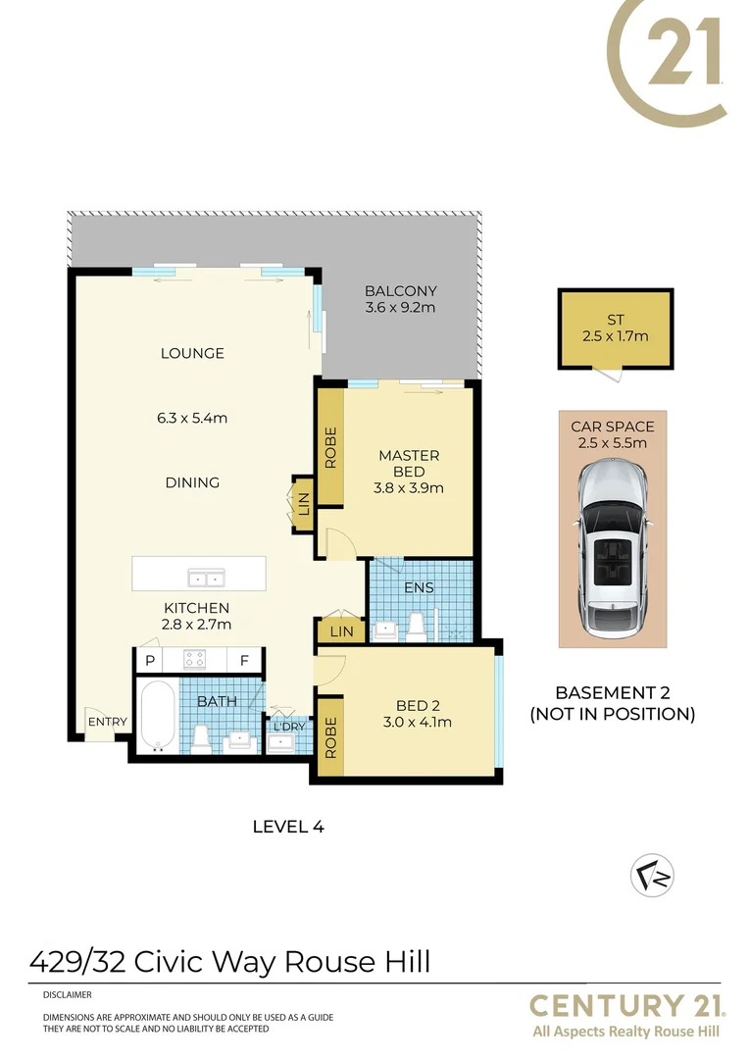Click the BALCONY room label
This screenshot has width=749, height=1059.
pos(400,291)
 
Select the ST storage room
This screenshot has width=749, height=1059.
pos(615,328)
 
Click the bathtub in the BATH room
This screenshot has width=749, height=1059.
pos(157,718)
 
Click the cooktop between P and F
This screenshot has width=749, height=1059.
pos(195,660)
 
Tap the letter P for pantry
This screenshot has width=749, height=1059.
pos(150,661)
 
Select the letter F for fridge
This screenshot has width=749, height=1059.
pos(243,661)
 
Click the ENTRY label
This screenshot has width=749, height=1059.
pos(107,722)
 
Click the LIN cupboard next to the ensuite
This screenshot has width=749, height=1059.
pos(341,632)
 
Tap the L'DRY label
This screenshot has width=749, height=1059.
pos(288,727)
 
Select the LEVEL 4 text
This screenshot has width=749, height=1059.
pos(288,826)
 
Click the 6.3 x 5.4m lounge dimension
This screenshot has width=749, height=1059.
pos(194,418)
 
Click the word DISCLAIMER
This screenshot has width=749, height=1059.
pos(68,993)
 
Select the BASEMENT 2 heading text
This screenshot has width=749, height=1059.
pos(612,690)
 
